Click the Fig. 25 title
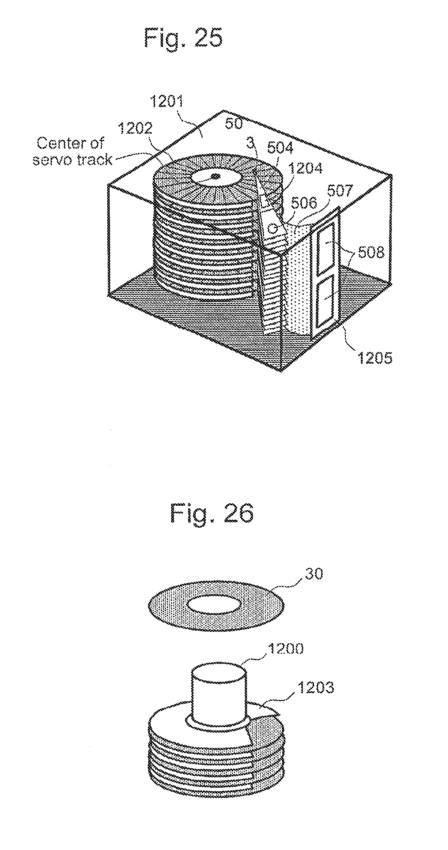coord(184,38)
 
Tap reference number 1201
coord(166,103)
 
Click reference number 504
coord(280,148)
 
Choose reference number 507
coord(339,191)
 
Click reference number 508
coord(371,252)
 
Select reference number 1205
coord(375,358)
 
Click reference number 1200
coord(285,649)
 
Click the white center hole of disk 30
coord(216,605)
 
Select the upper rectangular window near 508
coord(326,249)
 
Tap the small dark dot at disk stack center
coord(215,176)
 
